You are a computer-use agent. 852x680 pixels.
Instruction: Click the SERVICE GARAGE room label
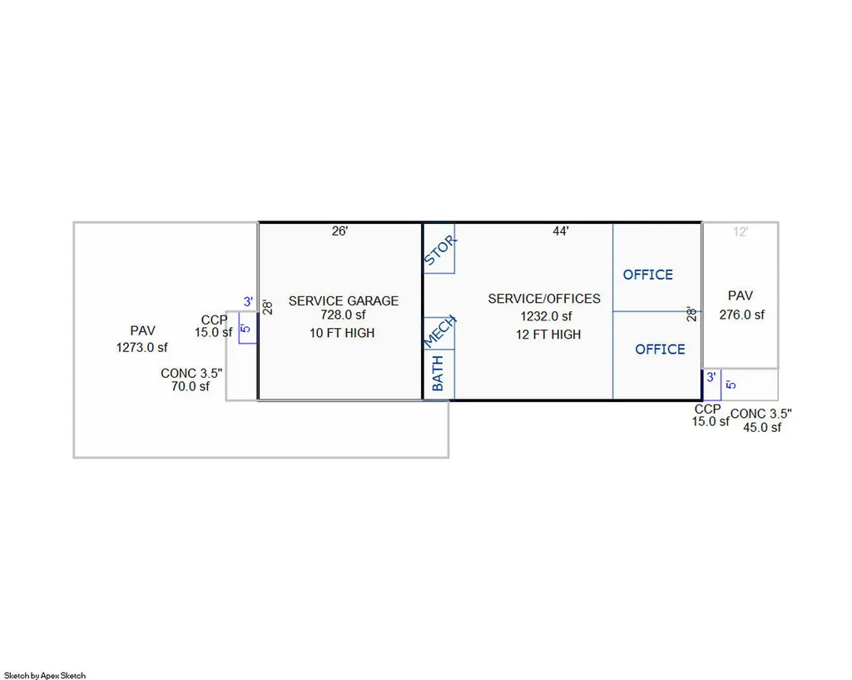click(x=344, y=300)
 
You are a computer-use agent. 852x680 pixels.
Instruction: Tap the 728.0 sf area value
click(x=343, y=315)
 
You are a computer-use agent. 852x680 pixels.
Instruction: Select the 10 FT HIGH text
click(x=342, y=333)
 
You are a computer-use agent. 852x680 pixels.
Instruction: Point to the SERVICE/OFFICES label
click(x=544, y=299)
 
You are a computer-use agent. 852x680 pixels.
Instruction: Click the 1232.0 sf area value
click(x=546, y=315)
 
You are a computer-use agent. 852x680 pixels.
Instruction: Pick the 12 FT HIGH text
click(x=548, y=335)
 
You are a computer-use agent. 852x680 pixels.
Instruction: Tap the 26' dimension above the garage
click(x=339, y=231)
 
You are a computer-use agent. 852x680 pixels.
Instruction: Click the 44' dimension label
click(x=561, y=231)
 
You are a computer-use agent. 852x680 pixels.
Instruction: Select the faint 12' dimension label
click(x=740, y=232)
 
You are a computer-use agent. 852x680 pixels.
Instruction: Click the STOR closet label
click(x=439, y=251)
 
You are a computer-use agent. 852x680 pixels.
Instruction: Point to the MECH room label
click(x=439, y=331)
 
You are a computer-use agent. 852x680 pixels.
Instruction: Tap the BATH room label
click(x=438, y=374)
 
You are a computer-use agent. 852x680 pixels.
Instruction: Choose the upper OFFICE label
click(x=647, y=275)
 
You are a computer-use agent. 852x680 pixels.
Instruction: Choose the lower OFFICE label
click(x=660, y=349)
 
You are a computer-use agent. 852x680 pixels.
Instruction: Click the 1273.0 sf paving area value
click(x=141, y=347)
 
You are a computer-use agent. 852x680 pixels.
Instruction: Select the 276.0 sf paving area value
click(x=741, y=315)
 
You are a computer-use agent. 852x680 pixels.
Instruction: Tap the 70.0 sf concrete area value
click(x=191, y=386)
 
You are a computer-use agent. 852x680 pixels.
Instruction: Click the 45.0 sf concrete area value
click(x=762, y=428)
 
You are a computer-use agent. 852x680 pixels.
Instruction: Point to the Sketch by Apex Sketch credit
click(x=45, y=676)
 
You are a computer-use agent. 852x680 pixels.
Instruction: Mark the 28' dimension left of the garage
click(x=267, y=308)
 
